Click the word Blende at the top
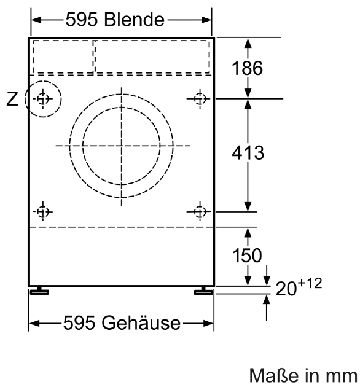point(134,20)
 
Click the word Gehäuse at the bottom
point(141,322)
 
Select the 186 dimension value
point(247,68)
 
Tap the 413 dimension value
point(248,153)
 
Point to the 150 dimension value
point(247,255)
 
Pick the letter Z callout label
point(12,99)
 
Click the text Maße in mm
point(303,375)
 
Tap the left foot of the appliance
point(39,291)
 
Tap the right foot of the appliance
point(203,291)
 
